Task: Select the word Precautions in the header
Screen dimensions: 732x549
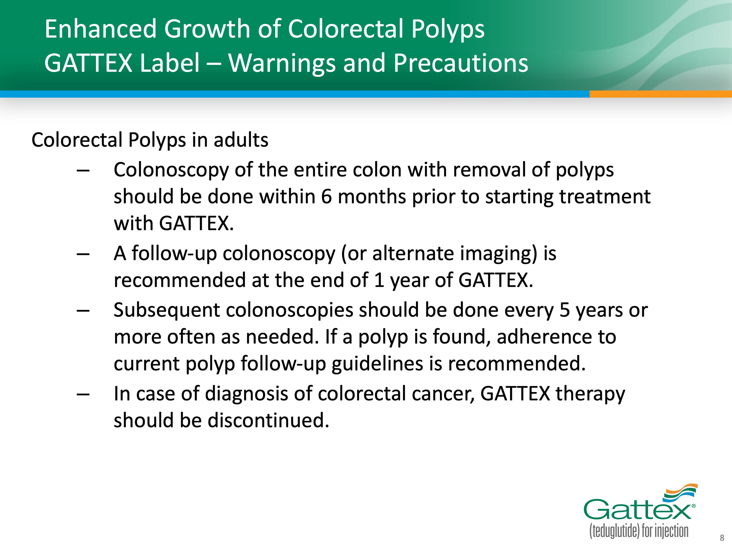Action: pos(461,63)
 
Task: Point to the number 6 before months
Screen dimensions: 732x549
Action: pos(326,197)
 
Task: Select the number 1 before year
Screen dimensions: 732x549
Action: pos(379,280)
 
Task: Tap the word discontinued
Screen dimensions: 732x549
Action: pos(268,420)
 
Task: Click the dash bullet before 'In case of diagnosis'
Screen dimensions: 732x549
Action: pos(83,394)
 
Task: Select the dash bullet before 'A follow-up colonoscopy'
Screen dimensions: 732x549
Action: pos(83,254)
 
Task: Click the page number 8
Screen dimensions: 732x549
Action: pos(722,538)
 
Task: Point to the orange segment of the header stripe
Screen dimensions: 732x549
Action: pos(660,94)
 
